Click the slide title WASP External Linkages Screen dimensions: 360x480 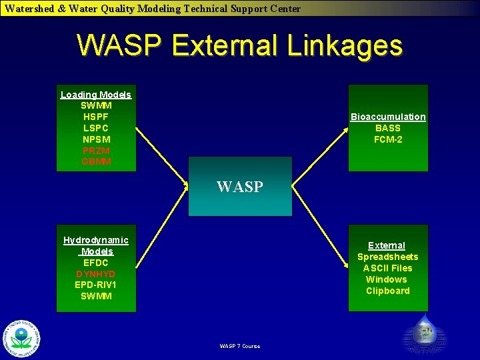click(240, 46)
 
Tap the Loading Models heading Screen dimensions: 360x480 click(96, 95)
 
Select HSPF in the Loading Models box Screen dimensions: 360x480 click(96, 117)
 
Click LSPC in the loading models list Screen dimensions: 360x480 click(96, 128)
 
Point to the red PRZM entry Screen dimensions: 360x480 click(96, 151)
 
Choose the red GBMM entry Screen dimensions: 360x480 click(96, 162)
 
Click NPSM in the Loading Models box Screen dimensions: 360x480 click(96, 139)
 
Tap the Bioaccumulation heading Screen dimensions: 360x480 click(388, 117)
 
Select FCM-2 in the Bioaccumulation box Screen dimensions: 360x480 click(388, 139)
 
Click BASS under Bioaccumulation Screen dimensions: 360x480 click(388, 128)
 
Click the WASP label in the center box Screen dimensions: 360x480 click(240, 187)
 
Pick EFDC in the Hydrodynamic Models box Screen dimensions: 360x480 click(96, 263)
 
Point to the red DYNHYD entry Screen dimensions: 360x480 click(96, 274)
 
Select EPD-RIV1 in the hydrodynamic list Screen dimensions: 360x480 click(96, 285)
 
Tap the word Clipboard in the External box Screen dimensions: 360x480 click(388, 291)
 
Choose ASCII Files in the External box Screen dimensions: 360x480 click(388, 268)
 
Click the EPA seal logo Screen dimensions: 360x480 click(21, 338)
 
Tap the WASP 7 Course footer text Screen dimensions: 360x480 click(240, 346)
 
